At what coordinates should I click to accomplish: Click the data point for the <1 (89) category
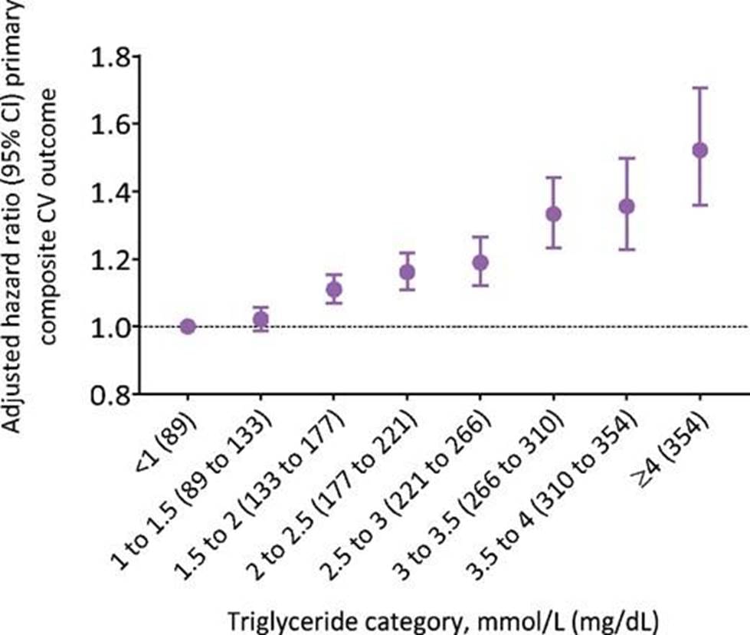(x=188, y=326)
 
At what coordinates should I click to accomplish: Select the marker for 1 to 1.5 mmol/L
(x=261, y=319)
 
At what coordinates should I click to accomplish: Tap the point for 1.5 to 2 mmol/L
(x=334, y=289)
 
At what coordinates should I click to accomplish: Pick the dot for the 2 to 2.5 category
(x=408, y=272)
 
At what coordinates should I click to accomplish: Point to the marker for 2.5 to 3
(x=480, y=262)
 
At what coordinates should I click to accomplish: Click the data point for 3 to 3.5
(x=553, y=213)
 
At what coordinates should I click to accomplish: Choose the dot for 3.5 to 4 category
(x=627, y=206)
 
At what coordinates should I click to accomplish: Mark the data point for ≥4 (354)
(x=699, y=150)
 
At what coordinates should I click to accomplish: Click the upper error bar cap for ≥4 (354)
(x=699, y=88)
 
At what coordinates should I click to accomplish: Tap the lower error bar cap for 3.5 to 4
(x=627, y=250)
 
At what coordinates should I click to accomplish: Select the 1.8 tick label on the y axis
(x=111, y=57)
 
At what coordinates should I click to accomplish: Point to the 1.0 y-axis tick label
(x=111, y=327)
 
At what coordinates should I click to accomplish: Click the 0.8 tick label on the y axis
(x=111, y=394)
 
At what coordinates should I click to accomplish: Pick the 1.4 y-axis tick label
(x=111, y=192)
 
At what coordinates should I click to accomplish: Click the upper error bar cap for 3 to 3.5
(x=553, y=177)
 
